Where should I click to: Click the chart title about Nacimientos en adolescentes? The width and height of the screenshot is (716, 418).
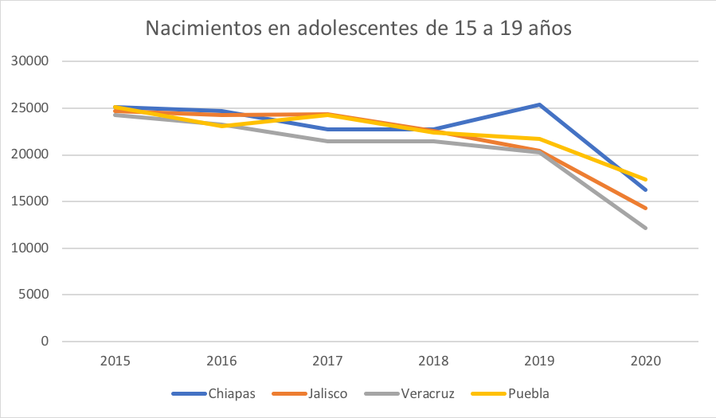[x=358, y=29]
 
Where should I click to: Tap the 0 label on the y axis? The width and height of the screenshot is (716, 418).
[x=45, y=342]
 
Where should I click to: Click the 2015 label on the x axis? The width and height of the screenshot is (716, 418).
[x=115, y=361]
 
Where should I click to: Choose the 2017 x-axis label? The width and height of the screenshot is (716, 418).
[x=327, y=361]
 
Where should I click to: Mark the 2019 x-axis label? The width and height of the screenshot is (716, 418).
[x=540, y=361]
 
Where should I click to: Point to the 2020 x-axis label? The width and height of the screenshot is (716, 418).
[x=646, y=361]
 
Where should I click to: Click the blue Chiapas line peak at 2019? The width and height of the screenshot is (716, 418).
[x=540, y=104]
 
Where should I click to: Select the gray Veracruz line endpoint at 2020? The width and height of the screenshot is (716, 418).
[x=646, y=229]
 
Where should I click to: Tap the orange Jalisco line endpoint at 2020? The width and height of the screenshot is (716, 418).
[x=646, y=209]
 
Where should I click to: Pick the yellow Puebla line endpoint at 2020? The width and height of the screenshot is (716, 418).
[x=646, y=180]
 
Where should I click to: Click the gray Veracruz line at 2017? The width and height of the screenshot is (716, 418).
[x=327, y=142]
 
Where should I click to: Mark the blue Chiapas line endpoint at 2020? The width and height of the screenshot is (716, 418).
[x=646, y=190]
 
